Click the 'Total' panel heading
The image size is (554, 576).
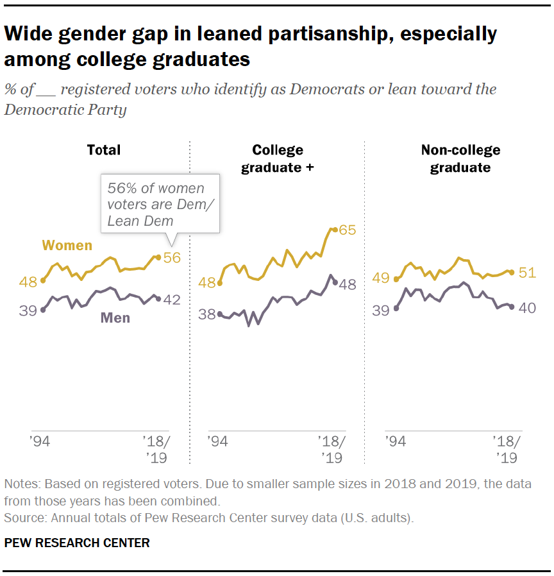[x=104, y=150]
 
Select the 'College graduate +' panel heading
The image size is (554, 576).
[x=277, y=158]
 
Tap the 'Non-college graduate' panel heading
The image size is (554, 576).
[x=460, y=158]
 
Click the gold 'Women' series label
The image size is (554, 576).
[x=67, y=246]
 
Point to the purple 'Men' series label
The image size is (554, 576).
[x=115, y=318]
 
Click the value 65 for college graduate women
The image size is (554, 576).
[x=347, y=230]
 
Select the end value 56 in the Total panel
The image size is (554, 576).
[x=172, y=258]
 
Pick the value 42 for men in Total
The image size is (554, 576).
[x=172, y=300]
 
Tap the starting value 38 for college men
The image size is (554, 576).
[x=208, y=314]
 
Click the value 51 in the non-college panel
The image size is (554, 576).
[x=526, y=273]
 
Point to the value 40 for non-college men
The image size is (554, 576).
[x=526, y=308]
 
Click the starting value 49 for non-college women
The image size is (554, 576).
[x=382, y=278]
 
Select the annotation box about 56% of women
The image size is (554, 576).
[x=160, y=205]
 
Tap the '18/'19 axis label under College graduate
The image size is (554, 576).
[x=332, y=450]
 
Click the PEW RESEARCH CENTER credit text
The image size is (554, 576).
[x=77, y=543]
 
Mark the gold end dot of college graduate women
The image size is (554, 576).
[x=333, y=229]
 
